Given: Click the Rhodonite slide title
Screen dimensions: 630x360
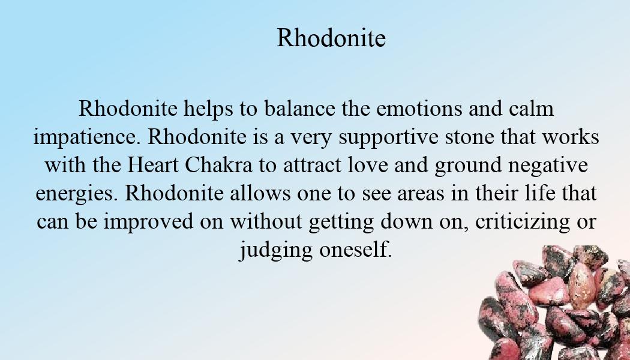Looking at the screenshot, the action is tap(331, 38).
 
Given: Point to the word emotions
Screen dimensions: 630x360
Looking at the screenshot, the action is tap(419, 109).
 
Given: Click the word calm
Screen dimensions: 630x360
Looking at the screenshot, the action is tap(531, 109).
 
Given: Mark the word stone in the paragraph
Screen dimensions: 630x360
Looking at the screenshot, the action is tap(469, 137).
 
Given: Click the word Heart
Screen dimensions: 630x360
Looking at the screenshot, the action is tap(152, 165).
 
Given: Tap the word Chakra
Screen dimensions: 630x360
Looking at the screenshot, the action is tap(218, 165).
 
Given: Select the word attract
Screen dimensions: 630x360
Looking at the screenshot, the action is tap(312, 166).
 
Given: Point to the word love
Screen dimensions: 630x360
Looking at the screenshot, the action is tap(368, 165).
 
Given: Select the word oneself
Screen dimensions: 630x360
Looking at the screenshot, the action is tap(356, 249).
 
